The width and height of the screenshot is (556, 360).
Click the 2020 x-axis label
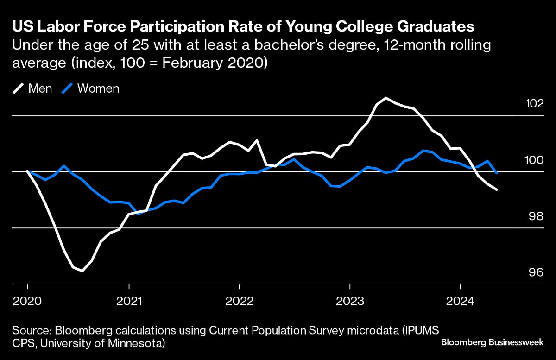[x=27, y=301]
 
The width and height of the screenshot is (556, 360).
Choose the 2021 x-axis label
[x=129, y=301]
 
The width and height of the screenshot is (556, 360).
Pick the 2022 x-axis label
[x=239, y=301]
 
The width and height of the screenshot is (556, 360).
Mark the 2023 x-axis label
[x=349, y=301]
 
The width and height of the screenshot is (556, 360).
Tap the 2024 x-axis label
[x=460, y=301]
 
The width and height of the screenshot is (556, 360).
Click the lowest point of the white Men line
[x=82, y=271]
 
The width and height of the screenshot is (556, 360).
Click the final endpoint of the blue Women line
[x=497, y=173]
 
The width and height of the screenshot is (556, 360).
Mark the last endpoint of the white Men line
[x=497, y=189]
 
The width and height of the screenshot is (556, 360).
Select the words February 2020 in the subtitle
[x=220, y=63]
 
